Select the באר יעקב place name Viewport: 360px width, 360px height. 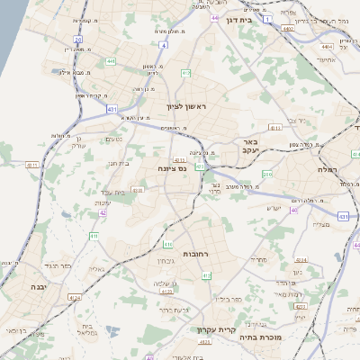click(251, 147)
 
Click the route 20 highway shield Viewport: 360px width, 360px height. click(77, 40)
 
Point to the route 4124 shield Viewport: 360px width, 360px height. click(74, 295)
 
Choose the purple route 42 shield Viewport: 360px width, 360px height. click(103, 213)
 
